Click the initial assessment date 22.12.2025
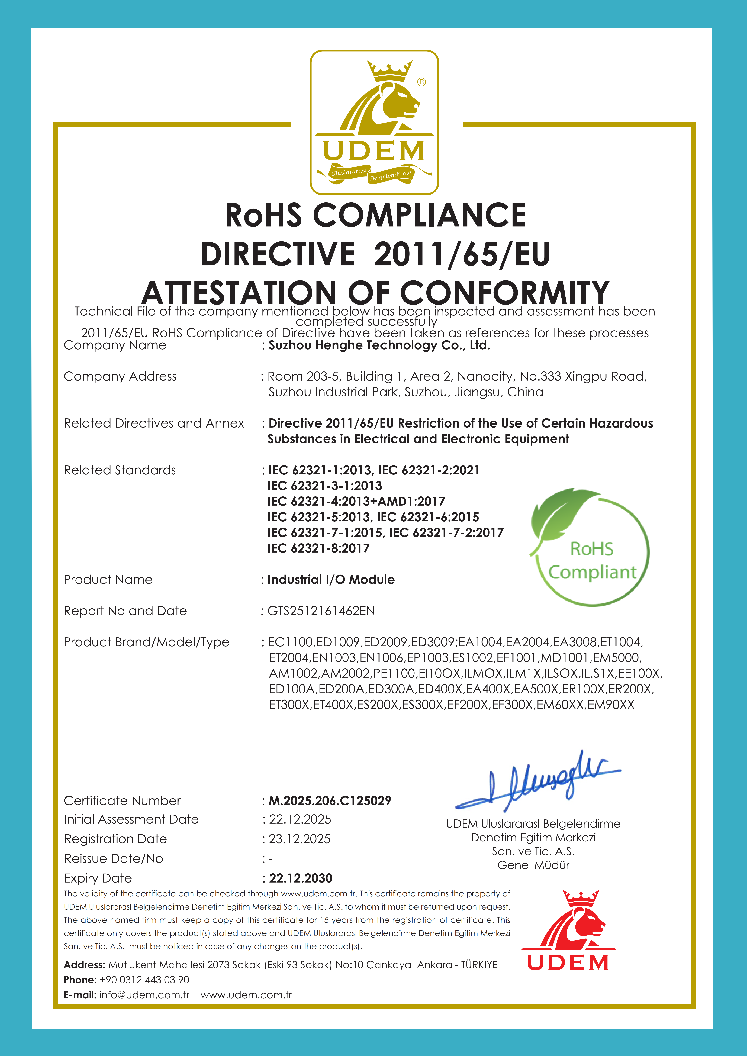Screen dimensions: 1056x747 pyautogui.click(x=300, y=819)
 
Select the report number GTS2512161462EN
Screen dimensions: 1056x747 pyautogui.click(x=321, y=611)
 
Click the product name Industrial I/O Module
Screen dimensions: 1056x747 pyautogui.click(x=331, y=580)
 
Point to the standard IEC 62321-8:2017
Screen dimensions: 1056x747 pyautogui.click(x=318, y=548)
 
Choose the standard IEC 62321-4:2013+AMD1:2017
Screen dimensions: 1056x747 pyautogui.click(x=356, y=501)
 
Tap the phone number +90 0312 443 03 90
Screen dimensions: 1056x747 pyautogui.click(x=144, y=980)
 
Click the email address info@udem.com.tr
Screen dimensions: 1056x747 pyautogui.click(x=144, y=995)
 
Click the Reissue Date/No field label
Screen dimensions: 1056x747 pyautogui.click(x=114, y=859)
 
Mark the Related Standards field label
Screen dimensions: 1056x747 pyautogui.click(x=120, y=470)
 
